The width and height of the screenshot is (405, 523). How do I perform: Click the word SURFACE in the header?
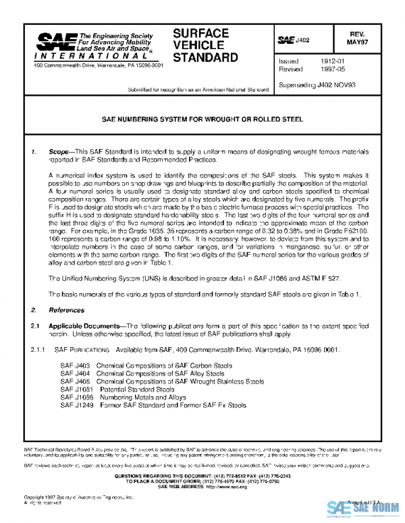click(x=201, y=32)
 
